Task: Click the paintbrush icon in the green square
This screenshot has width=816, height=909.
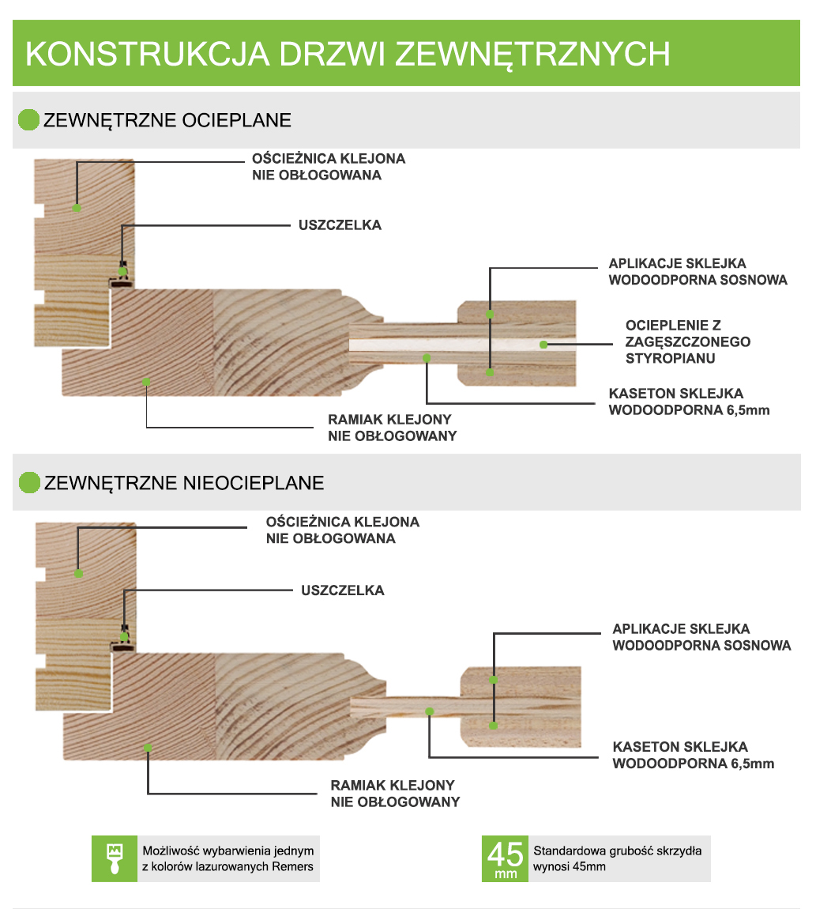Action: pos(115,858)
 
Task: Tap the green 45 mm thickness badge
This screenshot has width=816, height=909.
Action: pos(505,858)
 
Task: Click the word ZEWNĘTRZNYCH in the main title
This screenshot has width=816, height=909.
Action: pos(532,54)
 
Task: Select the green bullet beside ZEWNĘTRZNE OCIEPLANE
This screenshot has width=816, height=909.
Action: pos(28,120)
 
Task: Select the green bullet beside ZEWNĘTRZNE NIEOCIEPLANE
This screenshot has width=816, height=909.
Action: pos(29,482)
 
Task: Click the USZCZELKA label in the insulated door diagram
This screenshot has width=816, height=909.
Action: pos(340,225)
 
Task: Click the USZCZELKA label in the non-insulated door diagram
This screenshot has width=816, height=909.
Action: pos(343,590)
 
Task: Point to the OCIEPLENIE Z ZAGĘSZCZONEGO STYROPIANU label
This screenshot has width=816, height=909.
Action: pos(688,341)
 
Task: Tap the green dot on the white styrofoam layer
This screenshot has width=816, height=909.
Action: pos(543,345)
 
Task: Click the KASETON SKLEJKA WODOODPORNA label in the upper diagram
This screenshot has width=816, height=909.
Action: pos(689,402)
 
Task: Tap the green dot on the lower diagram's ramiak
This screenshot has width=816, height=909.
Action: pos(148,748)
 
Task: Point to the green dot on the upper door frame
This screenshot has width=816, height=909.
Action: pos(77,208)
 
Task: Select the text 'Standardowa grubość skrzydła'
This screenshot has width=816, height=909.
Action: pos(617,851)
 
